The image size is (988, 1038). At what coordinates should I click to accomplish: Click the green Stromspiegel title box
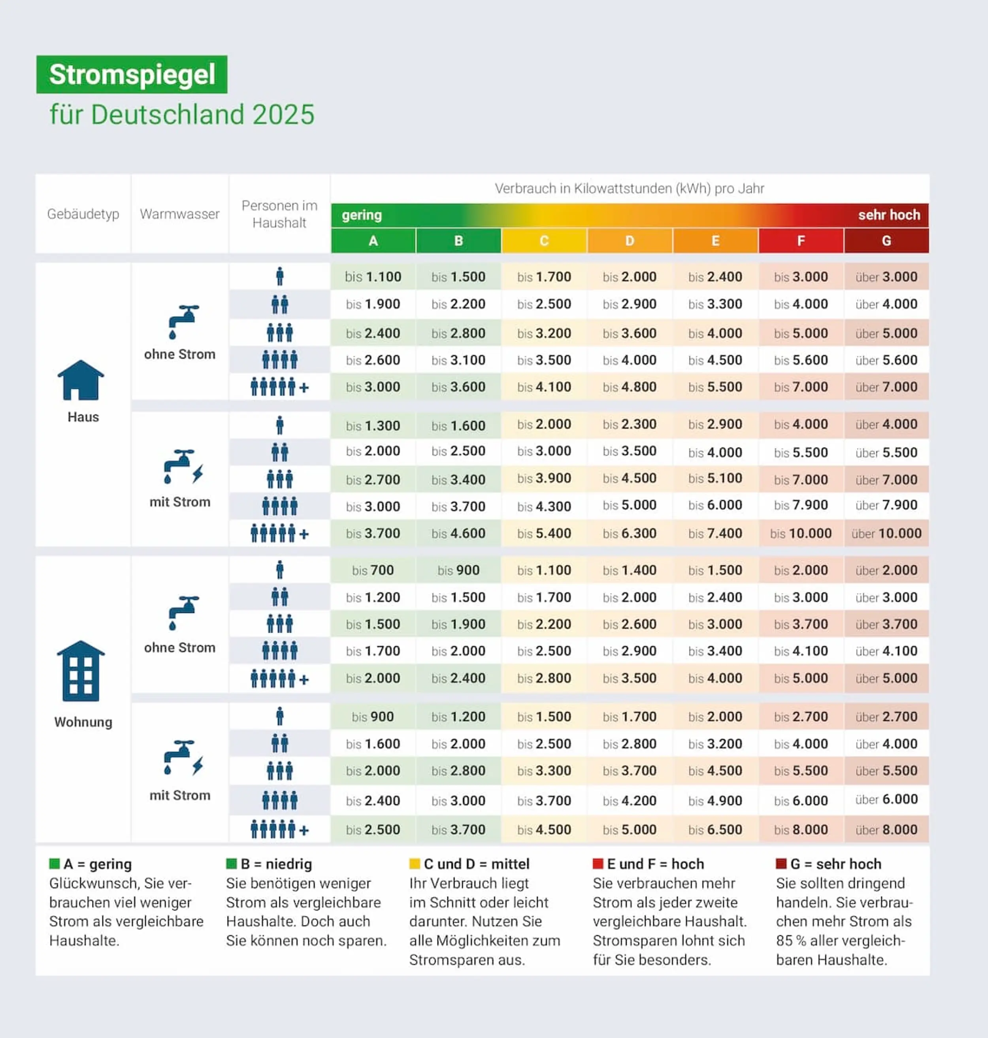(132, 74)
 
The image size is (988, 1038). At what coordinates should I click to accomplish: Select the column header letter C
(544, 241)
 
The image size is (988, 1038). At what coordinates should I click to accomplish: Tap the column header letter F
(801, 241)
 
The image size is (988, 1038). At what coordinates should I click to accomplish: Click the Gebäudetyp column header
(83, 214)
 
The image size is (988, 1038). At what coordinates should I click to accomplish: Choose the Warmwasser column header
(179, 214)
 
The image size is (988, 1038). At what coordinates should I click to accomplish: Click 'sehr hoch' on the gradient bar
(889, 215)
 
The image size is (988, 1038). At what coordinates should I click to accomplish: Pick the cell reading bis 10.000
(801, 533)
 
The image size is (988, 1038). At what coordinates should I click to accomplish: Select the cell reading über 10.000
(886, 533)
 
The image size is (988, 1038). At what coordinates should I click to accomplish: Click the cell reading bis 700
(373, 570)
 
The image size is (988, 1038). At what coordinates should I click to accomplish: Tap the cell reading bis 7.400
(715, 533)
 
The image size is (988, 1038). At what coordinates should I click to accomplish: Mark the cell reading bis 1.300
(373, 425)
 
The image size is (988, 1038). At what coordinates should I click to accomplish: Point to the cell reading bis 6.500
(715, 829)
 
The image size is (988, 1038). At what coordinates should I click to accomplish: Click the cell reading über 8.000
(886, 829)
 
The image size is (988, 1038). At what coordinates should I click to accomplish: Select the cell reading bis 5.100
(715, 478)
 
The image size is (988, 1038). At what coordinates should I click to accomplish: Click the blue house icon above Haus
(81, 380)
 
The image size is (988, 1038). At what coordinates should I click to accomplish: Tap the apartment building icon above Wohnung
(81, 671)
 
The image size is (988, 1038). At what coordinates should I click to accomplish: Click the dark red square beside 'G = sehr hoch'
(781, 864)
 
